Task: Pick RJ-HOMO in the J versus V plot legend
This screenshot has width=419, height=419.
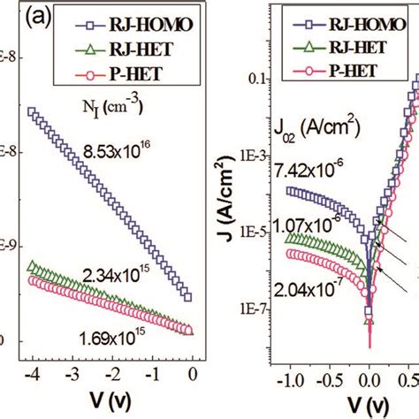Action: (375, 16)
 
